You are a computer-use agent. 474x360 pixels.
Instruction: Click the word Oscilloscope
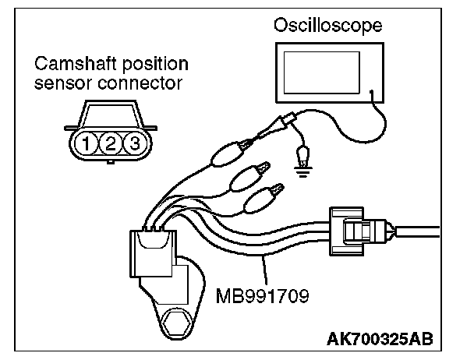pyautogui.click(x=328, y=26)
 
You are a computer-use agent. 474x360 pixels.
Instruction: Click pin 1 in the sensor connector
pyautogui.click(x=92, y=143)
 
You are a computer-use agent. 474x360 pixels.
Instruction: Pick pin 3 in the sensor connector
pyautogui.click(x=133, y=143)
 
